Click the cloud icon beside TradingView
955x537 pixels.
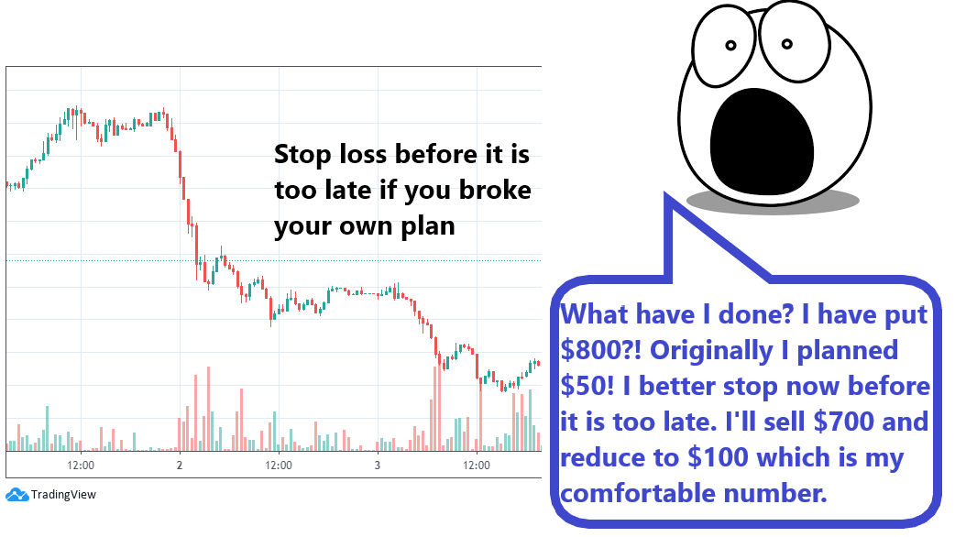17,494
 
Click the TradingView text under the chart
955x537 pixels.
63,494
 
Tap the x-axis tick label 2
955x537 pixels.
180,466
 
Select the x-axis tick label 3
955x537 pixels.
378,466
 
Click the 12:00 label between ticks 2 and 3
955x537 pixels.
279,466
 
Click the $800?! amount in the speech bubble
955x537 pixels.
601,349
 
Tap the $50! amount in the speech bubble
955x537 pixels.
587,386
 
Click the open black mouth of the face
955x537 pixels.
762,142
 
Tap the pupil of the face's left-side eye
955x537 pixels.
730,45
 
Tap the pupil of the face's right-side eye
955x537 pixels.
787,44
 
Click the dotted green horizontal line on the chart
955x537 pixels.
273,260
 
